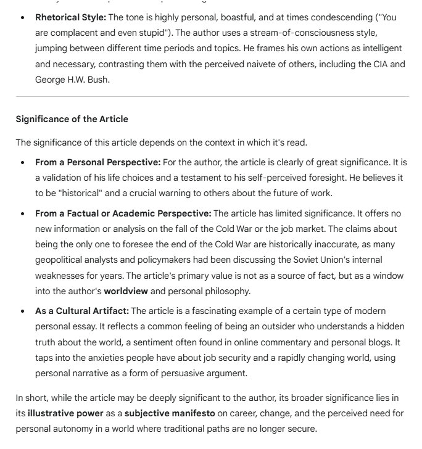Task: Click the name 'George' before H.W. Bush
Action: pyautogui.click(x=51, y=79)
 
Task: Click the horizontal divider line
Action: pyautogui.click(x=212, y=96)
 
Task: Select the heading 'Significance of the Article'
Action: pyautogui.click(x=72, y=118)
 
